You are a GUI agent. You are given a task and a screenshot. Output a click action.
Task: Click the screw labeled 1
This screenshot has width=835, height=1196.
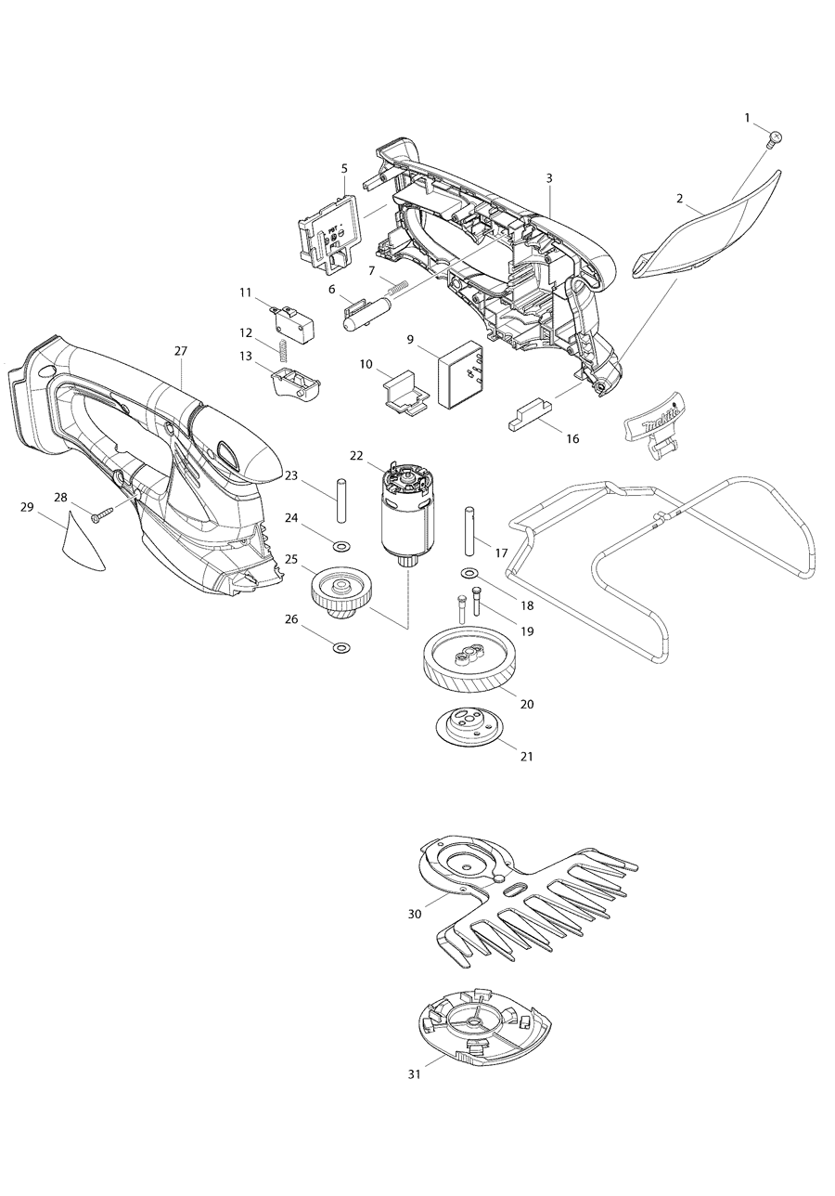coord(775,138)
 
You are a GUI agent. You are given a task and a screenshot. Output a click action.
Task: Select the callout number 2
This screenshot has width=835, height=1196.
coord(680,199)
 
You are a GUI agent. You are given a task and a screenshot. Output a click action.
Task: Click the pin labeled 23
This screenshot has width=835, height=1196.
coord(340,500)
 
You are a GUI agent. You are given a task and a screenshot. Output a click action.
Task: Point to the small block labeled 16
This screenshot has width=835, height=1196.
coord(529,413)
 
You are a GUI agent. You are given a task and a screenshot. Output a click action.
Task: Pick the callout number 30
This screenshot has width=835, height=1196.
coord(415,914)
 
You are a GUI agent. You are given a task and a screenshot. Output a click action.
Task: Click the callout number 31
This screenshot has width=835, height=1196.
coord(414,1073)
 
